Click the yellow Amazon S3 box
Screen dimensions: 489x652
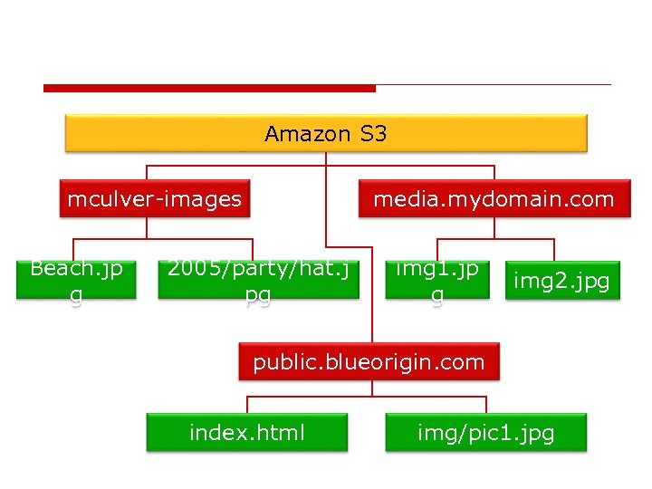[x=326, y=134]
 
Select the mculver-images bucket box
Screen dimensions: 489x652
[x=155, y=199]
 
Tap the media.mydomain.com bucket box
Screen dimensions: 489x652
[x=494, y=199]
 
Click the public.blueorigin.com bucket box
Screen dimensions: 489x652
[x=369, y=362]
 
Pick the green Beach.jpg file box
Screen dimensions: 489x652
[x=76, y=280]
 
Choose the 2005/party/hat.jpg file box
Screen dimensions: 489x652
[x=258, y=280]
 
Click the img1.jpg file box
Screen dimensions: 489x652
[x=437, y=280]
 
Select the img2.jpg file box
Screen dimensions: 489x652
[x=561, y=282]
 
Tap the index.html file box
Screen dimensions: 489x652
[x=247, y=433]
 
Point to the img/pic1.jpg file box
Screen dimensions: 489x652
[x=485, y=433]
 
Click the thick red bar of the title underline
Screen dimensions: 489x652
[x=208, y=88]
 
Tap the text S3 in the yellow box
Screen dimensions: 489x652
[x=373, y=134]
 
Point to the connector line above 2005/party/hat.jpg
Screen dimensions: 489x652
[x=253, y=249]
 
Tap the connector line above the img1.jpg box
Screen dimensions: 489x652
[x=437, y=249]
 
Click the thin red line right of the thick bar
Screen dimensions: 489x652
[x=494, y=85]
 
